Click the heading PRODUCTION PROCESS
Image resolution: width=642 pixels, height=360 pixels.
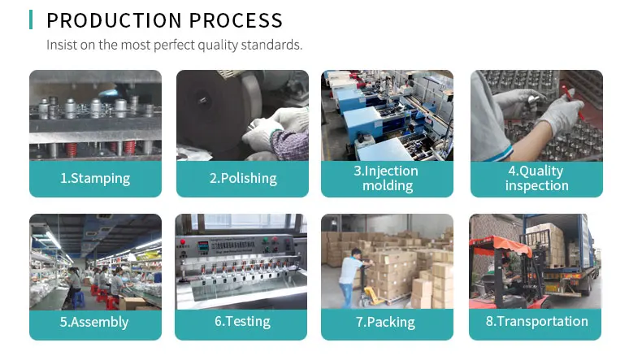165,20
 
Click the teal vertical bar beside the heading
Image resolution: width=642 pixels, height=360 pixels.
31,20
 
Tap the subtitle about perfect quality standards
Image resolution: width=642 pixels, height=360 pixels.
174,45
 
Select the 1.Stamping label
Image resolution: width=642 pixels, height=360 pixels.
95,178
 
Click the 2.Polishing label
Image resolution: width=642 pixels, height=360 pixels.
243,178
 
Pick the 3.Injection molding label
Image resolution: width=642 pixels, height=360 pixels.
386,178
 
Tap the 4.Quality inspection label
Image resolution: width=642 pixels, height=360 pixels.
536,178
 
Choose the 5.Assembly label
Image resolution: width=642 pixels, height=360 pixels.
95,322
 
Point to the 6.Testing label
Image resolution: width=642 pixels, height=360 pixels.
242,322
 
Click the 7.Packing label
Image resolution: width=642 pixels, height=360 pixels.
386,322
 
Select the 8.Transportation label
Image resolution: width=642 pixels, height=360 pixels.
536,322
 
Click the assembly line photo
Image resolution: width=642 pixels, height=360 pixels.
95,260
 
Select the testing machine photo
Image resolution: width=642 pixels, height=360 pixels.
241,260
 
